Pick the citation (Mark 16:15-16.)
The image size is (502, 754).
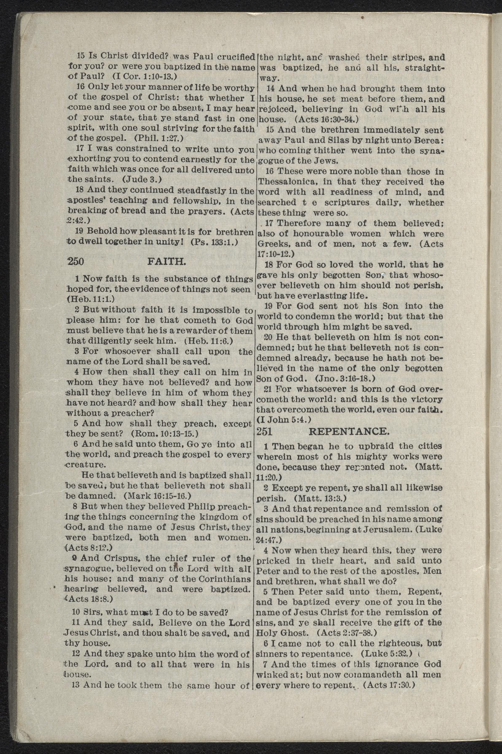tap(157, 496)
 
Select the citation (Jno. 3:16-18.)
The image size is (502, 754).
tap(345, 379)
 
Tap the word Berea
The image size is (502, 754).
tap(429, 141)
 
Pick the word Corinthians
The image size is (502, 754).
tap(224, 579)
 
